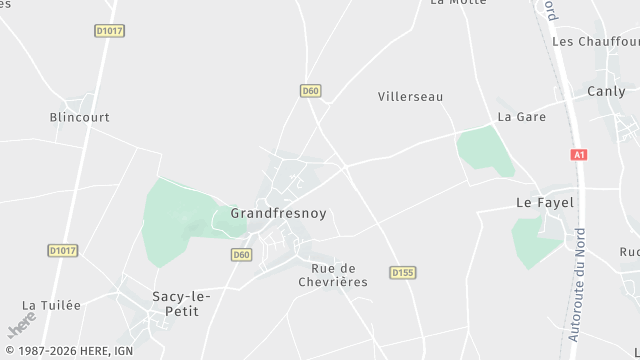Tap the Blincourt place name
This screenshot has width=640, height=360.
pos(79,117)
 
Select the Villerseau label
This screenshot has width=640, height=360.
pos(410,97)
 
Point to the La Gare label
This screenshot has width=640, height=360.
pos(521,117)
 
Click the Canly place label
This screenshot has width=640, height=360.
pos(606,92)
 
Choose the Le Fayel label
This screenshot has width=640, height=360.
pos(544,202)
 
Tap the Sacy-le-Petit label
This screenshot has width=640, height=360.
pos(175,303)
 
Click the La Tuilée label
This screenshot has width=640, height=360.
pos(51,305)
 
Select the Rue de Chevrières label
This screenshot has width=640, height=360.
pos(333,275)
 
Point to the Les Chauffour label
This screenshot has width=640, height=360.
pos(595,42)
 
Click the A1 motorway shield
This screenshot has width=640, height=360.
pos(579,155)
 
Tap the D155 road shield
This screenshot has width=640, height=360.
pos(403,272)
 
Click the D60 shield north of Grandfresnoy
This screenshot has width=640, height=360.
pos(310,91)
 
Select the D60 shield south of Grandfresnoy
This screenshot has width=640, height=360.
pos(240,255)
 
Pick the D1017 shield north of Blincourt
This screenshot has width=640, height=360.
pos(109,31)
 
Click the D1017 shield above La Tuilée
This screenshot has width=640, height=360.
pos(62,250)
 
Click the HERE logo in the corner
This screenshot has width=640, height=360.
pos(22,325)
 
